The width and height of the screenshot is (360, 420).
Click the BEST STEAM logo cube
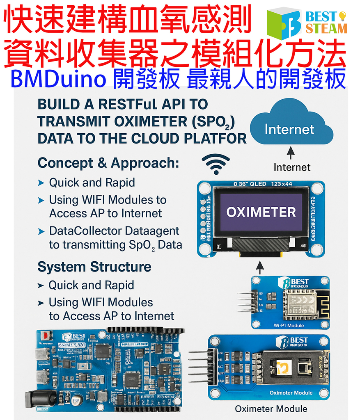284,23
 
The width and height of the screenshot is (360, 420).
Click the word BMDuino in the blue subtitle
58,79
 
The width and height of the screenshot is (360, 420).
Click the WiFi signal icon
216,164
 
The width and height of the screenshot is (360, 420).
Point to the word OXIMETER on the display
261,212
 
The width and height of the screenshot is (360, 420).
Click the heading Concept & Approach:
108,163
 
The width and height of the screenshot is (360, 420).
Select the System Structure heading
94,267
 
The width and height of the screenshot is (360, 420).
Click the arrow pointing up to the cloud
291,153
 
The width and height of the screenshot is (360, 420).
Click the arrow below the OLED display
260,268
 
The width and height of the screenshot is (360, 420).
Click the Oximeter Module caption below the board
271,409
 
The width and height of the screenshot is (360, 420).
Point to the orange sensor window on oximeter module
284,367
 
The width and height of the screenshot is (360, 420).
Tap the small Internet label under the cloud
292,167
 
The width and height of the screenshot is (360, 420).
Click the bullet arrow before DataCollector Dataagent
41,232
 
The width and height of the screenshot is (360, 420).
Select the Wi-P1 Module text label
289,325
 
